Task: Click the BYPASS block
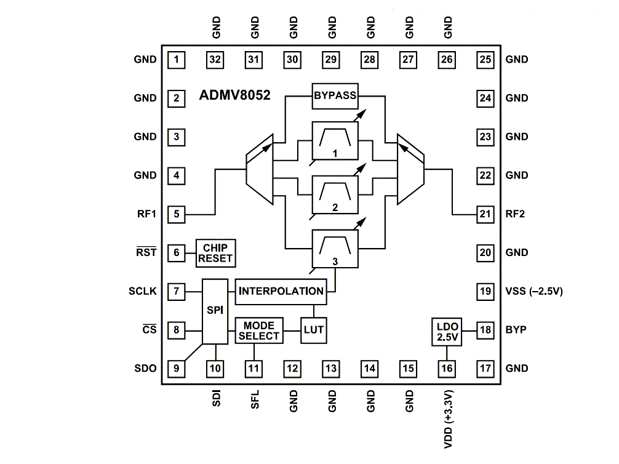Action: pyautogui.click(x=335, y=96)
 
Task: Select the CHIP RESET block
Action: pyautogui.click(x=215, y=252)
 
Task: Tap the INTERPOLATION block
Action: pyautogui.click(x=281, y=290)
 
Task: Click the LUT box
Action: pyautogui.click(x=313, y=330)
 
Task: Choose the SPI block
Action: pyautogui.click(x=215, y=310)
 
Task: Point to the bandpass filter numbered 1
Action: pyautogui.click(x=335, y=142)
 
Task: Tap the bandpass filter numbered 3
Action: pyautogui.click(x=335, y=249)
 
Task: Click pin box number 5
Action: pyautogui.click(x=177, y=214)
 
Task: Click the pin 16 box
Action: pyautogui.click(x=447, y=369)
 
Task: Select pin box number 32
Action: pyautogui.click(x=215, y=60)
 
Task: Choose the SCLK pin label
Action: pyautogui.click(x=143, y=291)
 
